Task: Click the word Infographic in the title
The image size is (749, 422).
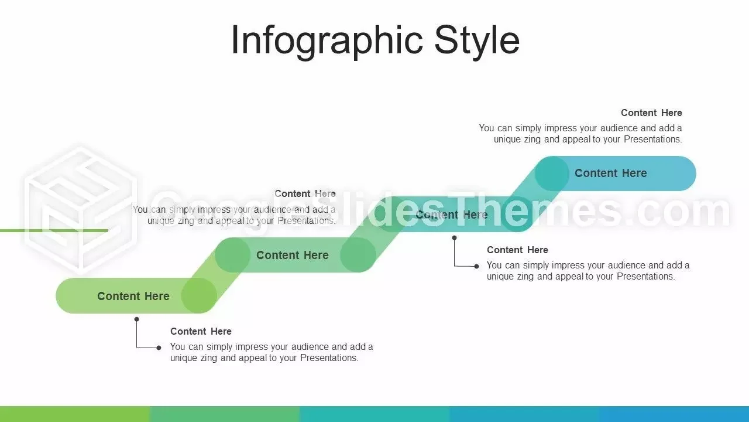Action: pos(327,40)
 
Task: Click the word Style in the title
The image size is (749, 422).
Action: pos(477,40)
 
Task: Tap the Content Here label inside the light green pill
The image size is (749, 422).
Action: pos(133,296)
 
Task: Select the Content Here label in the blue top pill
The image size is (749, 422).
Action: pos(610,173)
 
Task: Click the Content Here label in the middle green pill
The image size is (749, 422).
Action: pos(292,255)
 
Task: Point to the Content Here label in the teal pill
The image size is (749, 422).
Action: pos(451,215)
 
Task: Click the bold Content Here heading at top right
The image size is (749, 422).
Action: pos(651,113)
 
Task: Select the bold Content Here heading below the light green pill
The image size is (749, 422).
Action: pos(201,331)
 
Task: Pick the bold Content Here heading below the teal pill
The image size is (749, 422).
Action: pos(517,250)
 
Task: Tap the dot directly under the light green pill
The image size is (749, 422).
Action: pos(136,319)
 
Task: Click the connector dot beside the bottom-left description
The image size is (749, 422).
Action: pos(159,348)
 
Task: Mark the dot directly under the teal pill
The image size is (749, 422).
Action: pos(454,238)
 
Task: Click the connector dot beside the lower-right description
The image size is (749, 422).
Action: pos(476,266)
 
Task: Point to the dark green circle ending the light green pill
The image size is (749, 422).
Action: pos(199,296)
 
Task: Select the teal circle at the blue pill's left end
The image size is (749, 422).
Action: pos(552,173)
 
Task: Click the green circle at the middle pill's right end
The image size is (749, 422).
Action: pos(358,255)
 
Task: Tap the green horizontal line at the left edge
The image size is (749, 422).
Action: pos(54,230)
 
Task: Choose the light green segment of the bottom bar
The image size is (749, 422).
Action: pos(75,414)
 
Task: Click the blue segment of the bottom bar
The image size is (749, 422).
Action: pos(599,414)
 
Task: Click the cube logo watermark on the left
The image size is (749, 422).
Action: pos(80,209)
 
